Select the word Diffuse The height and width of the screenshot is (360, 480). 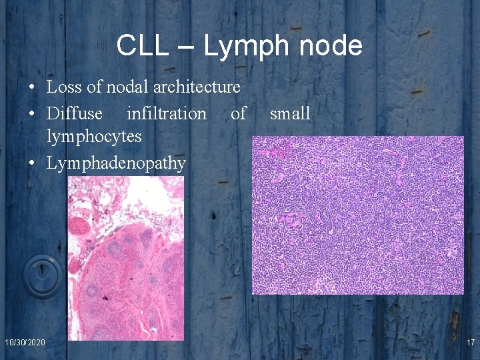(x=75, y=113)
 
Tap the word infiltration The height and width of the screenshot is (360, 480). (x=167, y=113)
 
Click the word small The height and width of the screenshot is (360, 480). (x=290, y=113)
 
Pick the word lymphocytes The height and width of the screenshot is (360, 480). (x=94, y=137)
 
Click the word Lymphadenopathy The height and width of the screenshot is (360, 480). (x=116, y=163)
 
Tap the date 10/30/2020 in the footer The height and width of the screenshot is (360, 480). (x=25, y=342)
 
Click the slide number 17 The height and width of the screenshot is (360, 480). (x=470, y=342)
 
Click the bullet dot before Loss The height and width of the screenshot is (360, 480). (x=32, y=87)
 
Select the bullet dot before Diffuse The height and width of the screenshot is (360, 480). (x=32, y=114)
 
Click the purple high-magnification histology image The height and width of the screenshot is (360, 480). (x=357, y=215)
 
